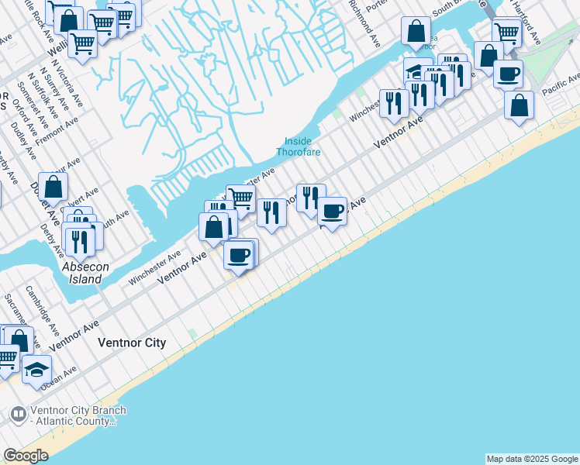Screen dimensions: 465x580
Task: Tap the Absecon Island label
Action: coord(81,273)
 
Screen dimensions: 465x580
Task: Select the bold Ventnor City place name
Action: coord(132,342)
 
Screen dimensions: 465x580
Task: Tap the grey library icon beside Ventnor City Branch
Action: coord(17,416)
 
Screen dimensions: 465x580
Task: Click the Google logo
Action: coord(26,456)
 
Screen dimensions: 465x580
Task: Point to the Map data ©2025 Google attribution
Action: coord(533,459)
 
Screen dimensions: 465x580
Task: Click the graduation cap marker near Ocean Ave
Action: coord(36,369)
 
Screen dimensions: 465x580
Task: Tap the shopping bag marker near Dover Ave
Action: coord(53,187)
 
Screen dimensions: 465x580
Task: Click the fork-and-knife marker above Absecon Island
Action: coord(79,241)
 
